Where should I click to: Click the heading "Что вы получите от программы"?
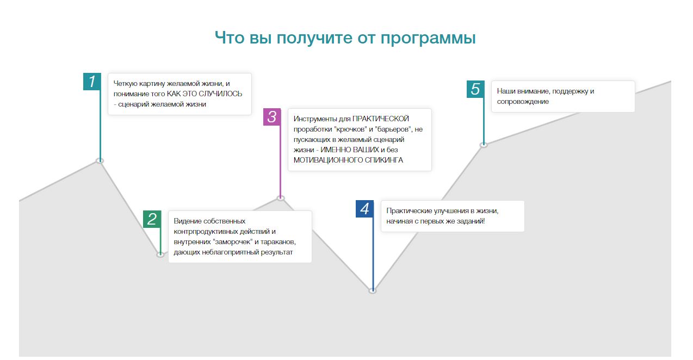[x=345, y=38]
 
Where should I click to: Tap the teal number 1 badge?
[x=92, y=82]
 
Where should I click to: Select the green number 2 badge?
[x=152, y=219]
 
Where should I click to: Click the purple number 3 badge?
[x=272, y=117]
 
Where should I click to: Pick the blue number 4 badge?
[x=364, y=209]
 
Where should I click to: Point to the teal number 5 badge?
[x=475, y=89]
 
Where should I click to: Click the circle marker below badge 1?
[x=100, y=160]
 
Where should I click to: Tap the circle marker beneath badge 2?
[x=160, y=255]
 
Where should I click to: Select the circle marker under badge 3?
[x=281, y=198]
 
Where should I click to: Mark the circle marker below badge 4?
[x=373, y=291]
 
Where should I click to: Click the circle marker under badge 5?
[x=484, y=145]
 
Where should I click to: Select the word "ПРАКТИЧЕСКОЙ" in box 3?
[x=381, y=119]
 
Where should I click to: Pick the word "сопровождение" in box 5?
[x=523, y=101]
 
